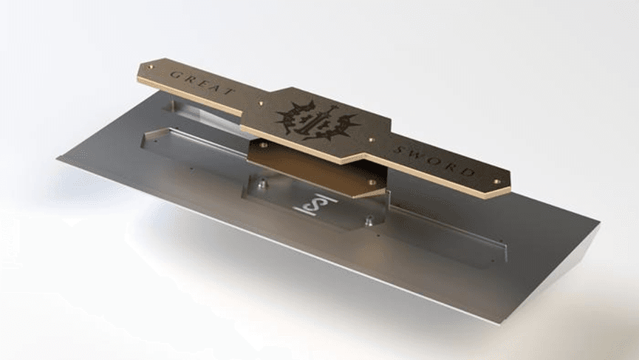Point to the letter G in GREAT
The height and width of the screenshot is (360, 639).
pos(174,74)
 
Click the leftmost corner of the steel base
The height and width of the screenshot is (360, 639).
pos(58,157)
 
